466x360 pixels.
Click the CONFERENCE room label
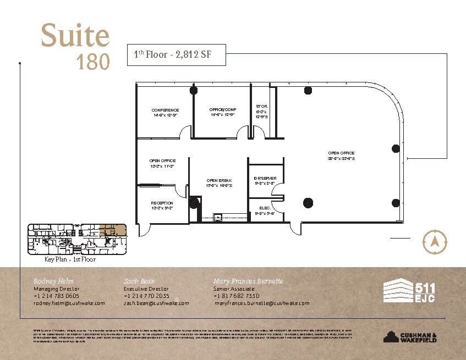165,110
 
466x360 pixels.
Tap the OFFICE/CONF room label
222,109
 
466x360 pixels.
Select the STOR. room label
262,106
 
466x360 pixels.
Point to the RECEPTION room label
162,203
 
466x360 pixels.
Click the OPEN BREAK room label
219,180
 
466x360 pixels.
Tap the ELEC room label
264,207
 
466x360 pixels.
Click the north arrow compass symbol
434,240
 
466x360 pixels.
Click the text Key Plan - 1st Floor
70,259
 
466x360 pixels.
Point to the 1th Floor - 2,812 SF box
176,54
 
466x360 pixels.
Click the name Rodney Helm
53,281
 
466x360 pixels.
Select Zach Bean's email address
156,303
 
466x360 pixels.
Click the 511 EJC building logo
408,291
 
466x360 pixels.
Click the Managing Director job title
57,289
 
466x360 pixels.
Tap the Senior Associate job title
234,289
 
